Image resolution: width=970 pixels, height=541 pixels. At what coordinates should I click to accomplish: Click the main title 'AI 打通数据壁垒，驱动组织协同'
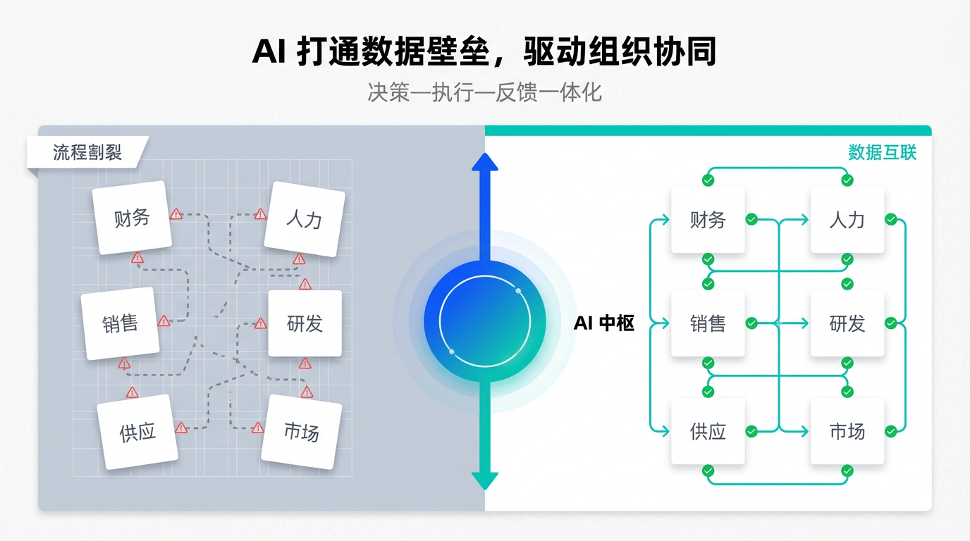[484, 53]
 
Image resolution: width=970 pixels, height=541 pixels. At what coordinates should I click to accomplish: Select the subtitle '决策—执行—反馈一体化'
[484, 92]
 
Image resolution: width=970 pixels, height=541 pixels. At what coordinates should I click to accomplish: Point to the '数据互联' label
[882, 152]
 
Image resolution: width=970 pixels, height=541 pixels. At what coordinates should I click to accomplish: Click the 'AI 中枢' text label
[604, 323]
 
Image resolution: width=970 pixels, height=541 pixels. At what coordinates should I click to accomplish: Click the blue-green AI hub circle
[485, 321]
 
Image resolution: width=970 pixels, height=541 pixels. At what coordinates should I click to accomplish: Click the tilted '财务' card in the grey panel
[132, 218]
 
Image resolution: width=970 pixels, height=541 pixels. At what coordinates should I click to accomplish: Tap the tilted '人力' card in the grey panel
[304, 218]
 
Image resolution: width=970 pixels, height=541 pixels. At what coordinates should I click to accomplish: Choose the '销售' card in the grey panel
[121, 323]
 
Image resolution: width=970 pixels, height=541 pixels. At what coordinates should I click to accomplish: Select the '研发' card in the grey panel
[305, 323]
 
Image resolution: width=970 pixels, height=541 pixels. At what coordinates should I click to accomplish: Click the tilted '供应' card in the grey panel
[137, 431]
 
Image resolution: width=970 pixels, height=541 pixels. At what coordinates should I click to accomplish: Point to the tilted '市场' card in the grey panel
[301, 431]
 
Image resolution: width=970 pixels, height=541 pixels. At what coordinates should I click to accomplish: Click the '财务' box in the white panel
[708, 220]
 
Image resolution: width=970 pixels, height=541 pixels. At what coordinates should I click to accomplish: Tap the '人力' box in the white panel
[847, 220]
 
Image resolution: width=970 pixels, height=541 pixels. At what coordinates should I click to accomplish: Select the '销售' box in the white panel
[708, 323]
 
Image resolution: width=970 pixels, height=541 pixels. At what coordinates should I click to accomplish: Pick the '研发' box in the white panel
[847, 323]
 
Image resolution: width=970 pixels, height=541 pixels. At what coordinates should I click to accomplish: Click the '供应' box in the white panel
[708, 431]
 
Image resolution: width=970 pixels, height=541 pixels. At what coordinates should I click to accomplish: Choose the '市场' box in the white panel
[847, 431]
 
